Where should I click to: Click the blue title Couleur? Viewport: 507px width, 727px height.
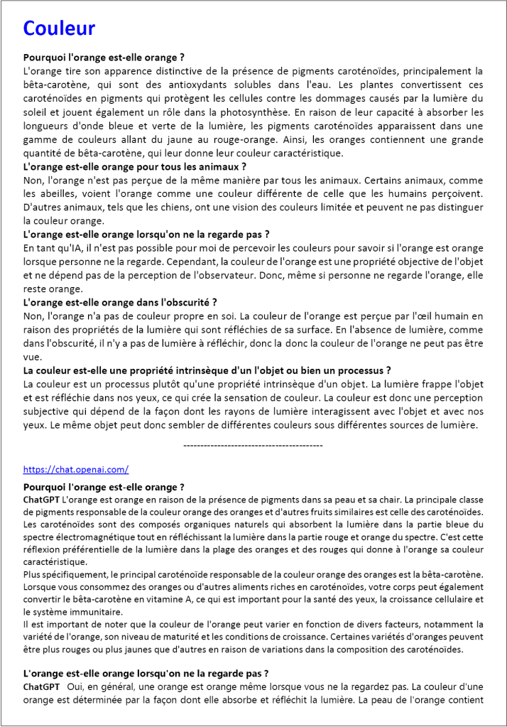point(59,28)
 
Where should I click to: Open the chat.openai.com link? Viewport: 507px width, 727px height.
point(75,469)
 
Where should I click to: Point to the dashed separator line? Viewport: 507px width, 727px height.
point(253,445)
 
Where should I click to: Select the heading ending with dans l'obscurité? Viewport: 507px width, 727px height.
point(120,302)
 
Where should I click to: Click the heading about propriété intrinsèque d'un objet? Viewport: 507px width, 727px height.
point(207,370)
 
